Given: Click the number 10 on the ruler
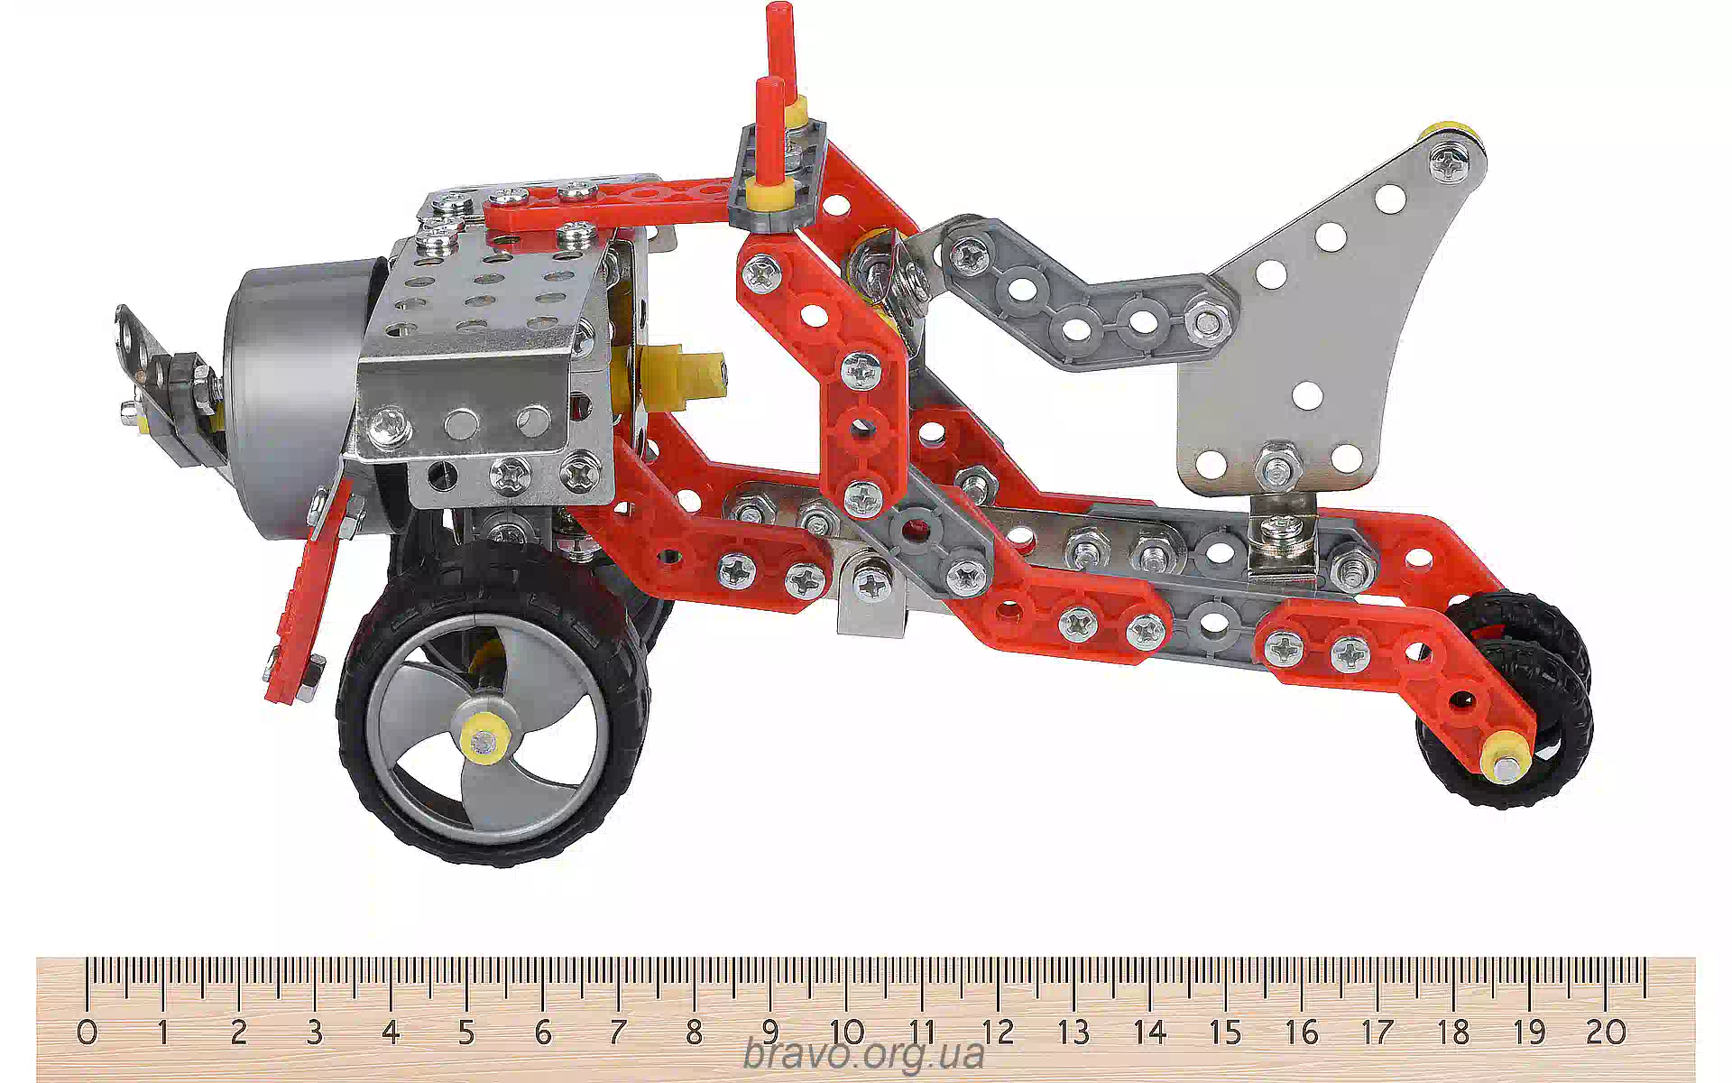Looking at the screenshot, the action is point(847,1031).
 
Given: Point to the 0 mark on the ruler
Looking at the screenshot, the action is point(88,1031).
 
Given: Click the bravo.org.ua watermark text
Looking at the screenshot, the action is point(863,1054).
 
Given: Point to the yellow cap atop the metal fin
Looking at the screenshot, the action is point(1451,135).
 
